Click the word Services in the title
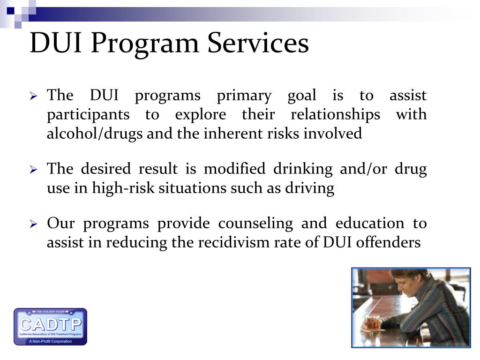(258, 43)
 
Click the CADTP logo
(50, 326)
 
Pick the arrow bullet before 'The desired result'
(34, 170)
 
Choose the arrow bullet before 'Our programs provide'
(34, 225)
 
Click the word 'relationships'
(336, 114)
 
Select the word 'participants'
(88, 115)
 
